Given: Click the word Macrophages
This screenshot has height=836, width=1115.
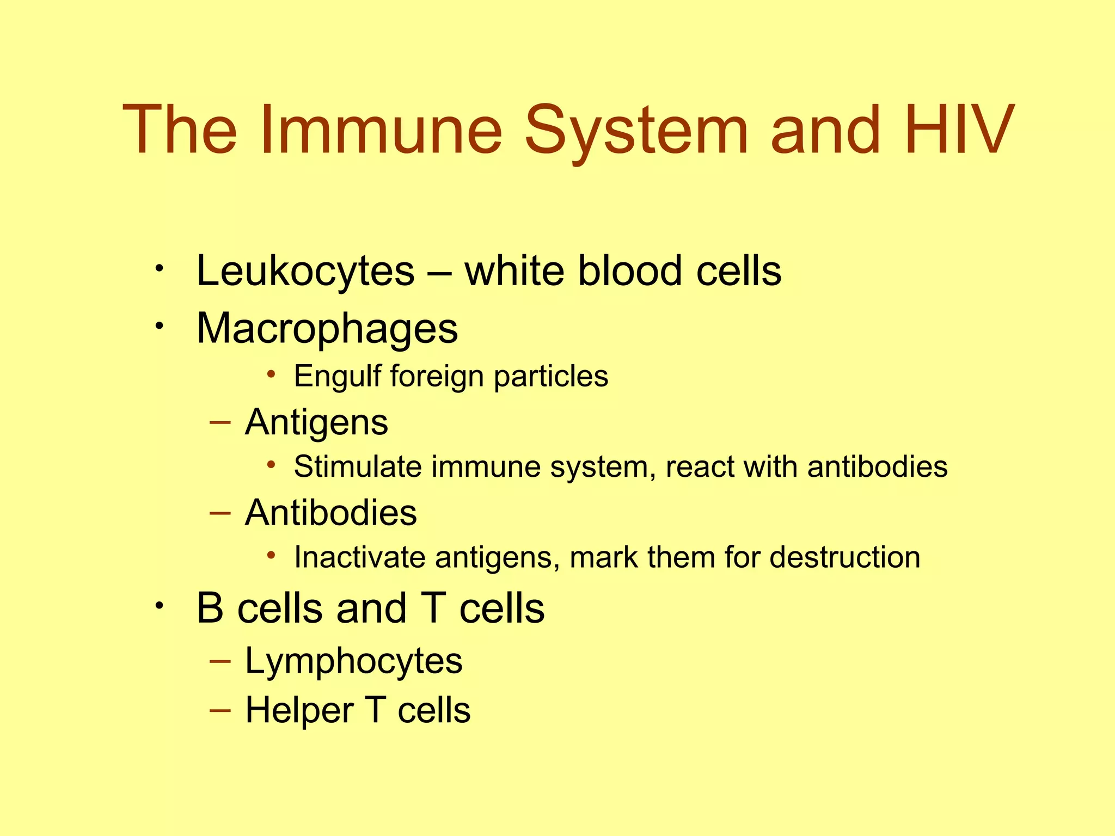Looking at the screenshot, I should point(327,329).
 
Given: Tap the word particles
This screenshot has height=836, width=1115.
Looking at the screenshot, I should point(551,377).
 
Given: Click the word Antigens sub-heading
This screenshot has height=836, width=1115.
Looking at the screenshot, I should point(316,422).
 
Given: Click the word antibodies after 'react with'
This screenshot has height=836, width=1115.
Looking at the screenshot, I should point(878,466).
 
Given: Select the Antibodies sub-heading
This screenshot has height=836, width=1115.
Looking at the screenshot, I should point(330,513).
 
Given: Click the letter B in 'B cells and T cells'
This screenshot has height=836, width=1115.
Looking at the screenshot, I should point(210,608).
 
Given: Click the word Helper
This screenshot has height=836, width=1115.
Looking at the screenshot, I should point(299,710).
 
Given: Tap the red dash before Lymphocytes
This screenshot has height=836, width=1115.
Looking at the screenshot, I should point(220,661).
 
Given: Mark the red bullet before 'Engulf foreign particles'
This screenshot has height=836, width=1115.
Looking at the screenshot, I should point(271,373).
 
